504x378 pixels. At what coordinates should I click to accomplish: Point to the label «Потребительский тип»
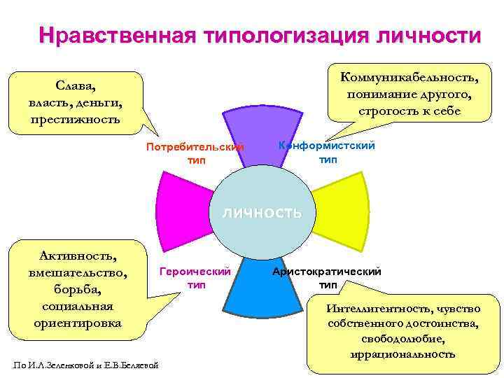click(x=195, y=153)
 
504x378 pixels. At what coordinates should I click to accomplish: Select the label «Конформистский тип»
click(x=327, y=152)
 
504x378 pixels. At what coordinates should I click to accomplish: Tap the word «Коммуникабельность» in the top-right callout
click(x=409, y=76)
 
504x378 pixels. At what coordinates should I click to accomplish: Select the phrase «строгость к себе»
click(x=409, y=110)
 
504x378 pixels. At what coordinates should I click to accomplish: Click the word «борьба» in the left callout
click(x=77, y=289)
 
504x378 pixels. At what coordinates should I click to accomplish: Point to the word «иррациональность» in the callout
click(x=404, y=353)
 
